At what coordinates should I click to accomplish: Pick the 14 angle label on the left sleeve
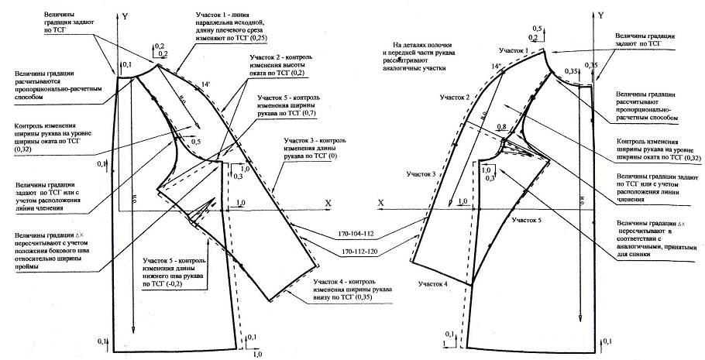pyautogui.click(x=205, y=82)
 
